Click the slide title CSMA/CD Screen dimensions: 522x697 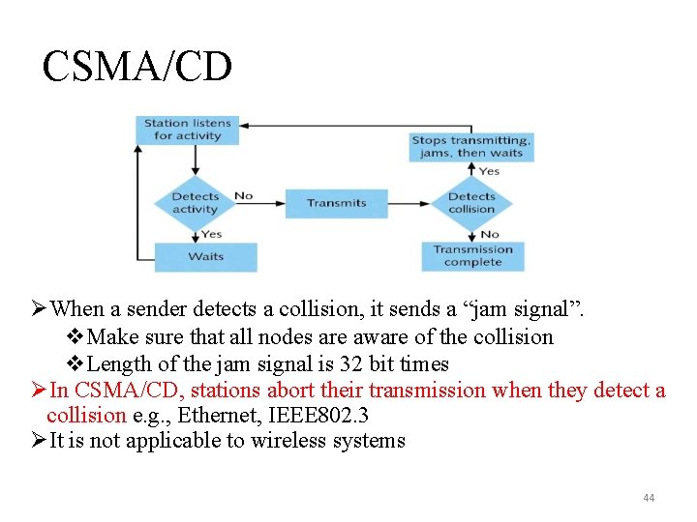137,67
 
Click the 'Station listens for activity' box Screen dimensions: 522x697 188,130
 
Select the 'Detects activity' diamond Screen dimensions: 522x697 196,203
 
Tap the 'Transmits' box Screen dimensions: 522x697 336,203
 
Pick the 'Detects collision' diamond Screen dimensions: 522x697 471,203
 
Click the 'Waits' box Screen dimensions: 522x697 205,256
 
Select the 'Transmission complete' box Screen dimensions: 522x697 472,255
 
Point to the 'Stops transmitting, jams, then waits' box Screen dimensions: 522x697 471,146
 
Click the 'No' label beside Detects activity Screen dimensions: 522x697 244,195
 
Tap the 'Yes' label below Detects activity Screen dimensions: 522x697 211,234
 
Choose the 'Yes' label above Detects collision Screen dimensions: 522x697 490,171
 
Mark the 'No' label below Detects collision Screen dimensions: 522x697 490,234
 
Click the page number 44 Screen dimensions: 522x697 648,498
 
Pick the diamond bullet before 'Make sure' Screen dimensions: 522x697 76,337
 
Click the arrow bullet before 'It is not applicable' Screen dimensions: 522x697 38,441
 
